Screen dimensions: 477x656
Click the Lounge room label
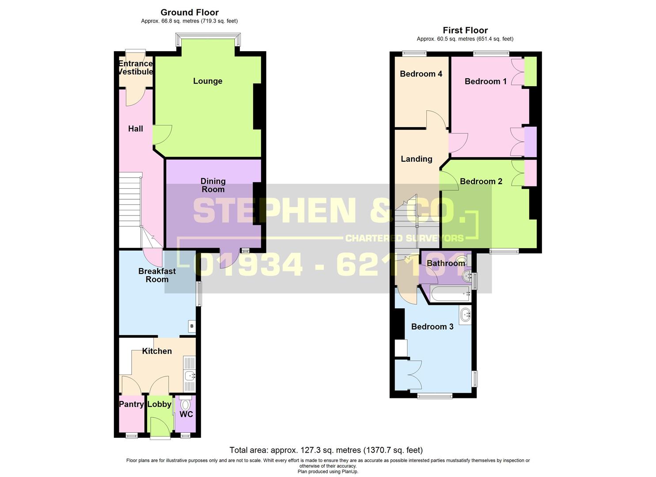207,81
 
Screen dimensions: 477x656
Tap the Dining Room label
213,185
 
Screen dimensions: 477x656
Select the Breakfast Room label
157,275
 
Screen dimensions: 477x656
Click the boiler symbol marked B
192,326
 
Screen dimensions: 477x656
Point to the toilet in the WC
185,405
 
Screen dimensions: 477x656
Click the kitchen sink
190,376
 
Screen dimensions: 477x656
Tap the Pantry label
131,404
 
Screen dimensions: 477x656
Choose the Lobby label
159,404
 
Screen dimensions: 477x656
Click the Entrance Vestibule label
136,68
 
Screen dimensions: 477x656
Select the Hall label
136,129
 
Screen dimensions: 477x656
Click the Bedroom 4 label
421,74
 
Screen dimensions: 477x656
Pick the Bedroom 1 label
485,81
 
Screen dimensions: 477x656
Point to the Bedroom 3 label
432,326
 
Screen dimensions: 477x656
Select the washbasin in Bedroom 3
465,315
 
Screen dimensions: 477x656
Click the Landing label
416,159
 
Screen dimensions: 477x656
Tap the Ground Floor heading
190,12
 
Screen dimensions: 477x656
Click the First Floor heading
465,30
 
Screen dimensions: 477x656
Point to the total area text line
326,450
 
